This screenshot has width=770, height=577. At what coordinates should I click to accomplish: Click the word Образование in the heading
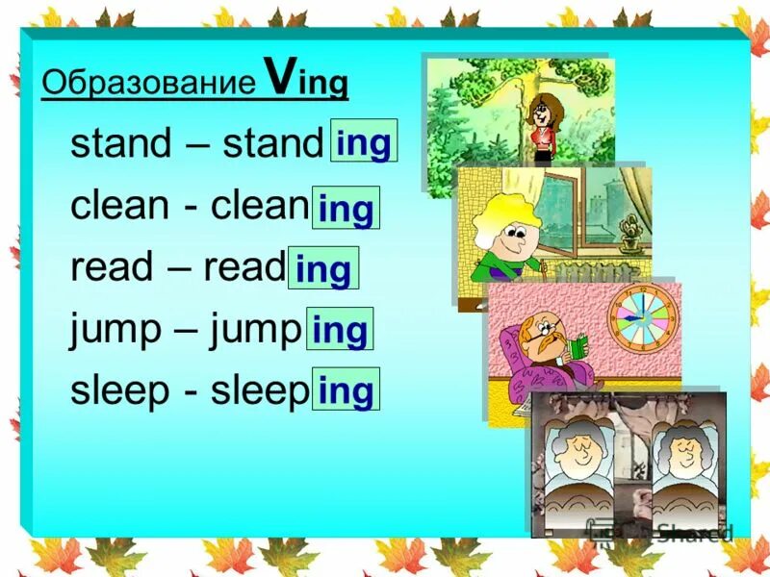[x=148, y=84]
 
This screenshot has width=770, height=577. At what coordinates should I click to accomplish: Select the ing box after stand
[x=364, y=142]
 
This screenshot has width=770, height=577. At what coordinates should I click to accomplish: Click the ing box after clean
[x=346, y=208]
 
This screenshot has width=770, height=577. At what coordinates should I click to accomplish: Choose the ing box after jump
[x=340, y=330]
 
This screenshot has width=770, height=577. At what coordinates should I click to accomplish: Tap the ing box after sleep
[x=346, y=390]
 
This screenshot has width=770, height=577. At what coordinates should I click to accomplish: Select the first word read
[x=110, y=267]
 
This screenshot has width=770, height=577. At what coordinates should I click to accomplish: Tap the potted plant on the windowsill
[x=629, y=232]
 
